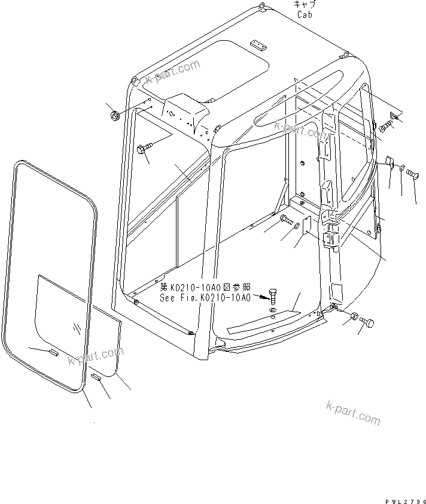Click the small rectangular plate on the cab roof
click(x=257, y=45)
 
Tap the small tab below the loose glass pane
click(x=96, y=377)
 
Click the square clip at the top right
click(x=394, y=116)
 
